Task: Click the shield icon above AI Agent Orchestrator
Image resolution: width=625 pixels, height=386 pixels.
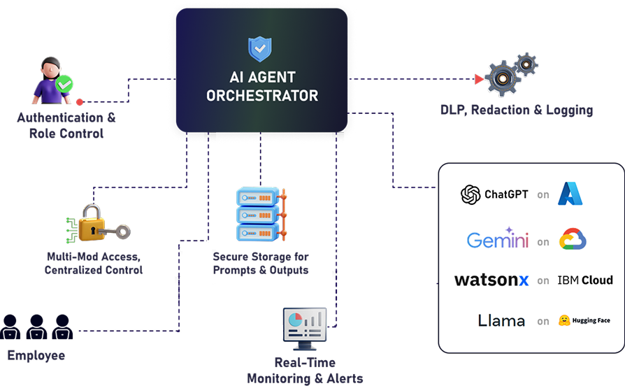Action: click(261, 49)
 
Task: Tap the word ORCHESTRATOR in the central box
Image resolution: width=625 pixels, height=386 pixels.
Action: click(261, 95)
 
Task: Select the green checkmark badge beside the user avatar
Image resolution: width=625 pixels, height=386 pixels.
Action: click(64, 85)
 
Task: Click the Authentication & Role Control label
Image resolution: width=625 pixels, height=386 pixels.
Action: click(66, 126)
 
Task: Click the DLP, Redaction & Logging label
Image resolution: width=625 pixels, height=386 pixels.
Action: click(517, 110)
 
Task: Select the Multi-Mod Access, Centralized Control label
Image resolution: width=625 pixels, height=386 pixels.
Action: click(94, 264)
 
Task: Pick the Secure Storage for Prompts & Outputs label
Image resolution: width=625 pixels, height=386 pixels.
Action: click(260, 264)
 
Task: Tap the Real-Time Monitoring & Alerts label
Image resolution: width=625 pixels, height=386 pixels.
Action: click(305, 371)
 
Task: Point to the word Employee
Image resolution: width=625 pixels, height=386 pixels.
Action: click(36, 355)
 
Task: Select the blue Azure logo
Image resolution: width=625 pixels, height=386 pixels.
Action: click(570, 194)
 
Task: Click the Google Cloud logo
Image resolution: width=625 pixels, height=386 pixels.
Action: click(573, 240)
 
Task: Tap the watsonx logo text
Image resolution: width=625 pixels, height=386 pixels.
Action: click(491, 280)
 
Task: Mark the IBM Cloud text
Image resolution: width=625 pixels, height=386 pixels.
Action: click(584, 280)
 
